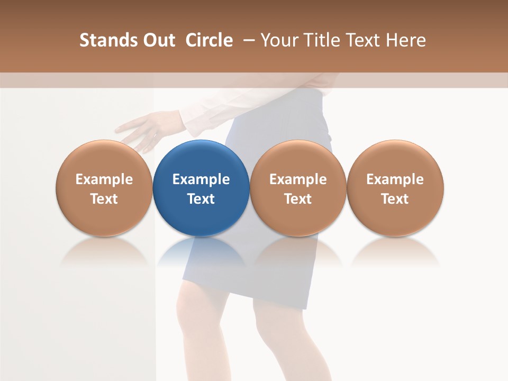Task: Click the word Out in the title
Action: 157,40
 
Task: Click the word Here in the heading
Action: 405,40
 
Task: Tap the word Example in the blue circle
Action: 201,179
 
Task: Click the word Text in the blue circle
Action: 201,199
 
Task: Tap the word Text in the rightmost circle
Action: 395,199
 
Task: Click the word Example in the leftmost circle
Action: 104,179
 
